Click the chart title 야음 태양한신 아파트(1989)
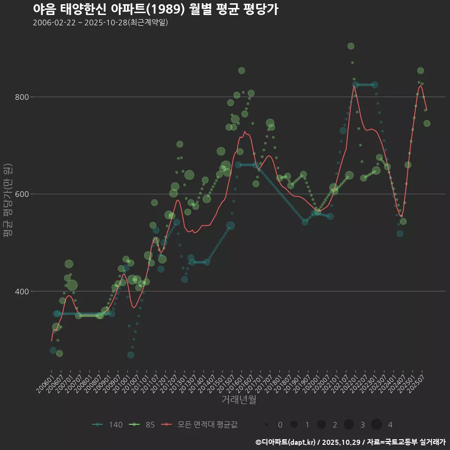pyautogui.click(x=156, y=9)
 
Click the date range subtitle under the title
pyautogui.click(x=100, y=22)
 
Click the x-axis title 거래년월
pyautogui.click(x=239, y=400)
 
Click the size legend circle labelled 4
pyautogui.click(x=376, y=425)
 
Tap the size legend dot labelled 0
pyautogui.click(x=266, y=425)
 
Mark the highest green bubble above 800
pyautogui.click(x=351, y=46)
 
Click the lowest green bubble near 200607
pyautogui.click(x=59, y=353)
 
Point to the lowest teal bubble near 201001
pyautogui.click(x=130, y=355)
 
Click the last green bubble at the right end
pyautogui.click(x=427, y=123)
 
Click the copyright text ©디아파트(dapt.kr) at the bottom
pyautogui.click(x=286, y=442)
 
